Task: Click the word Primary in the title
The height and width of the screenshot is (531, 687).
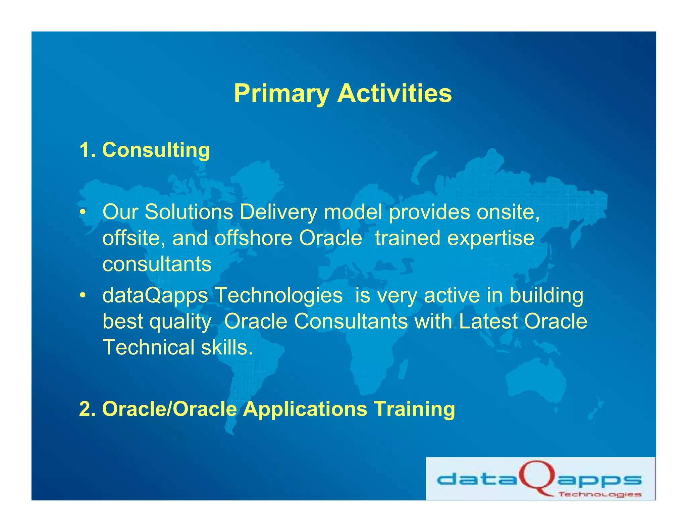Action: point(281,94)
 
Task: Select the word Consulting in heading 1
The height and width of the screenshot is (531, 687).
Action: point(156,150)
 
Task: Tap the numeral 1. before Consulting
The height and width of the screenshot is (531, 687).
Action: point(88,150)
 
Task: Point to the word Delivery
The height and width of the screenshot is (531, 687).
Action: point(278,212)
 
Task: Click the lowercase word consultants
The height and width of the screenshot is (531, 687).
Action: point(157,264)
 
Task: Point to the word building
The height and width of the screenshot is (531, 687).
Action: point(546,295)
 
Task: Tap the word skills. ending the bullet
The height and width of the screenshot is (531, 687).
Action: point(227,347)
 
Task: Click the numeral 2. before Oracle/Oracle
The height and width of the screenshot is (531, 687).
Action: point(88,409)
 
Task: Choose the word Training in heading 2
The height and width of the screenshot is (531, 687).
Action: point(414,409)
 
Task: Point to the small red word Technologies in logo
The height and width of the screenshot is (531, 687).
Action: point(600,494)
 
